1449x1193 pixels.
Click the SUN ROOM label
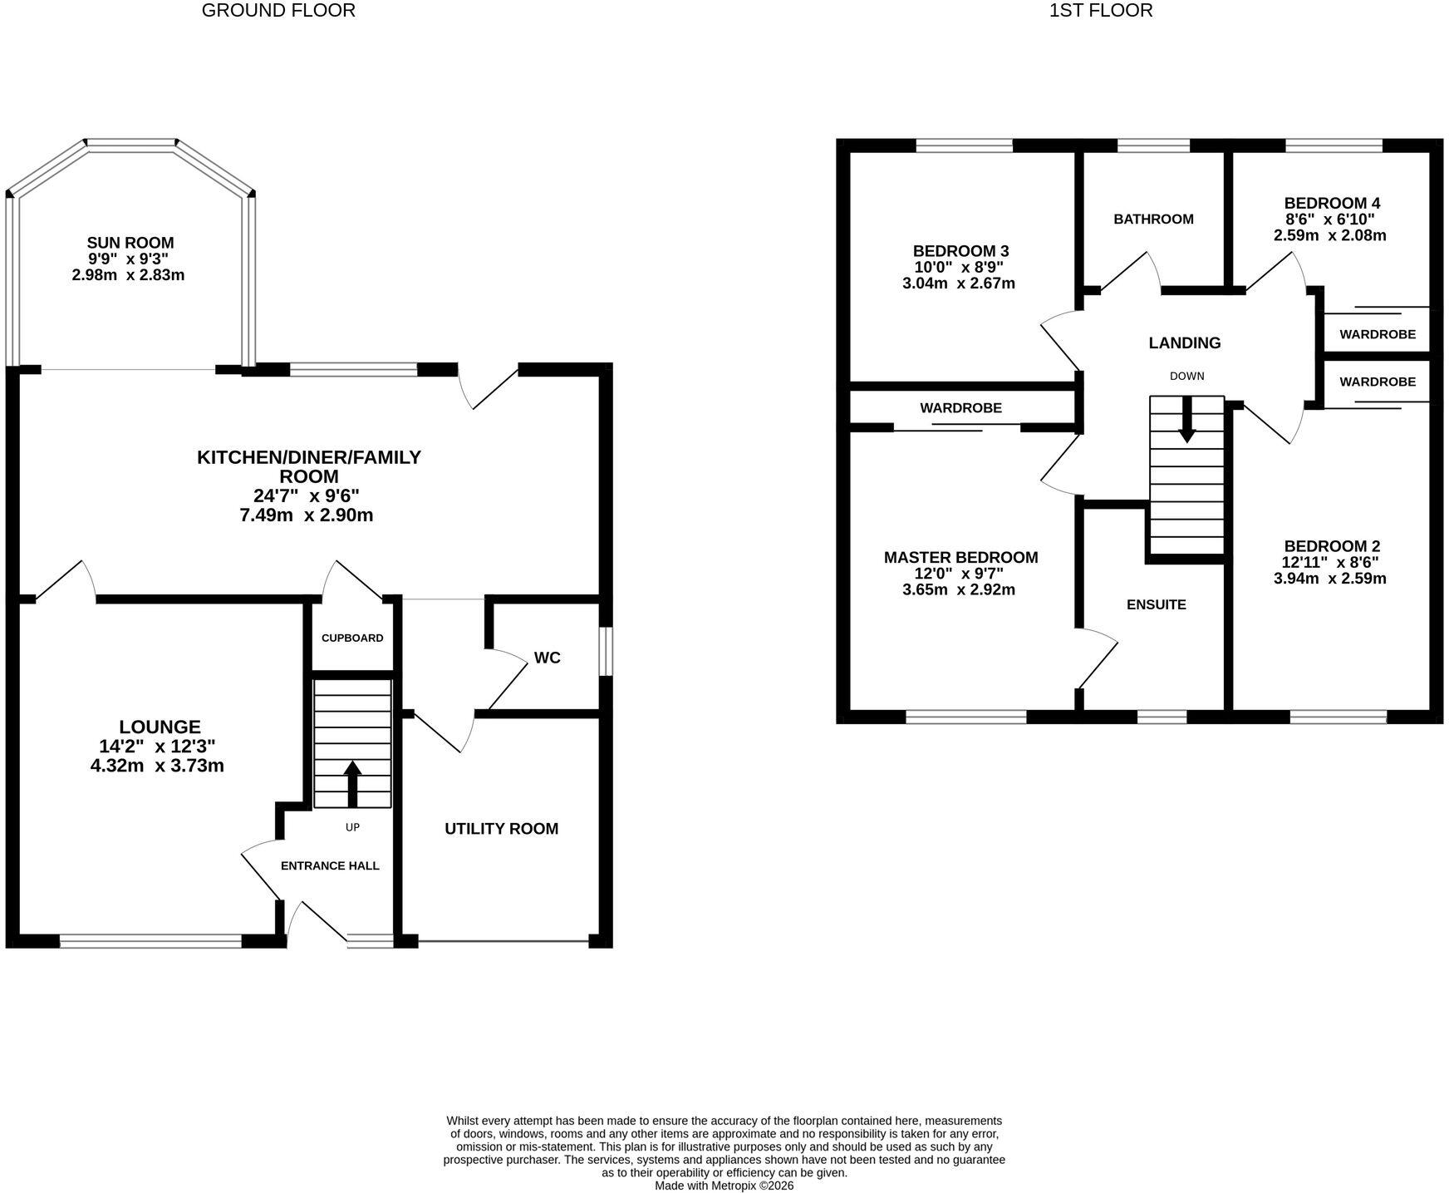(x=130, y=243)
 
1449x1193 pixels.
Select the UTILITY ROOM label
(x=501, y=829)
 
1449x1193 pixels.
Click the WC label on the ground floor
(x=548, y=658)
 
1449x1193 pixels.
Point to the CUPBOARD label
(x=352, y=638)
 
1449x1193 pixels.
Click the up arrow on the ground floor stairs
(x=352, y=783)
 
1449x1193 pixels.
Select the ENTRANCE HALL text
(x=330, y=865)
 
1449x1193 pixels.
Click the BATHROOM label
(x=1153, y=219)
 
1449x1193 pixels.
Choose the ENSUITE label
(x=1157, y=605)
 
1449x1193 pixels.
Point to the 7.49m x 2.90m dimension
(x=307, y=515)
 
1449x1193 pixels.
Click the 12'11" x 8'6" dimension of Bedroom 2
(x=1330, y=562)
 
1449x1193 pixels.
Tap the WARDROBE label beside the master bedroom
(x=960, y=408)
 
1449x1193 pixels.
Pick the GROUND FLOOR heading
(x=278, y=11)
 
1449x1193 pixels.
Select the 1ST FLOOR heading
(x=1101, y=11)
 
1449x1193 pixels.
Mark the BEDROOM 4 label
(x=1332, y=203)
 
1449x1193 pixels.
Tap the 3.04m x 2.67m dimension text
(x=959, y=283)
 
